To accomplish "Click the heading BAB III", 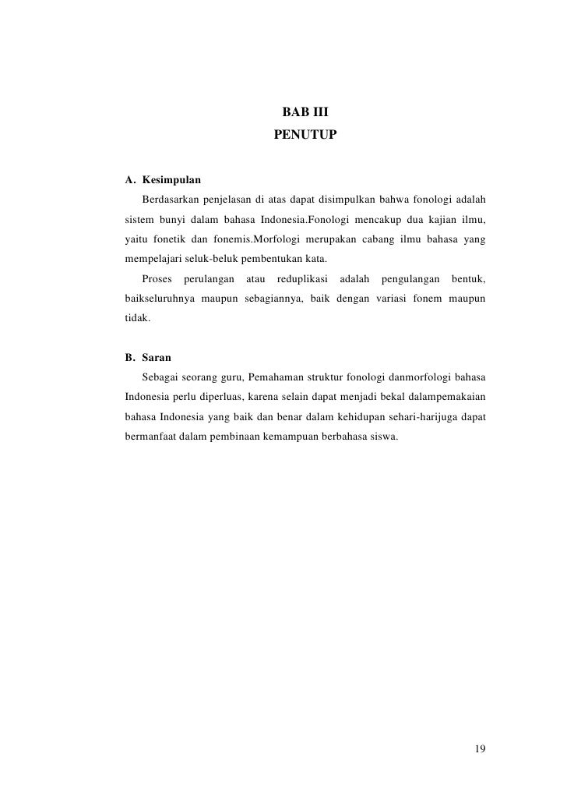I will pyautogui.click(x=305, y=113).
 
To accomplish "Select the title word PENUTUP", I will pyautogui.click(x=305, y=135).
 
